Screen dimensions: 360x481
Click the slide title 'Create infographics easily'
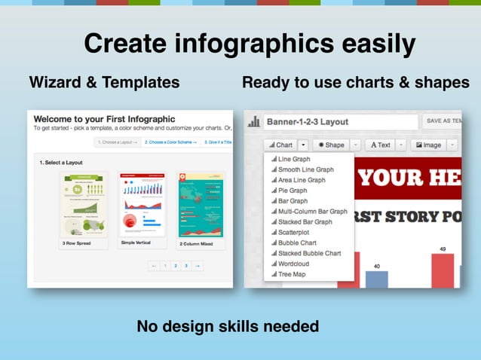coord(250,43)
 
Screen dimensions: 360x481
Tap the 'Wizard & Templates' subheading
coord(104,82)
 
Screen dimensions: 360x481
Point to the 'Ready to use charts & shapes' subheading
coord(356,82)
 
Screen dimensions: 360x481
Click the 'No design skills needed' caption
coord(228,326)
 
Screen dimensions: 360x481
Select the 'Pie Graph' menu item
coord(293,191)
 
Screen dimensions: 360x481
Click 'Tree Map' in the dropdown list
coord(292,274)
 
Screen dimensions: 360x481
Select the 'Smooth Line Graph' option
coord(305,169)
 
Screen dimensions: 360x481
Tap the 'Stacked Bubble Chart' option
coord(309,253)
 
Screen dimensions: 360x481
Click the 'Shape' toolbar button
coord(331,145)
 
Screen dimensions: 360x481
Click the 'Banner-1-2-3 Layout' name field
coord(340,122)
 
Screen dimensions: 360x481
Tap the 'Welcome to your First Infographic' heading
coord(104,119)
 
